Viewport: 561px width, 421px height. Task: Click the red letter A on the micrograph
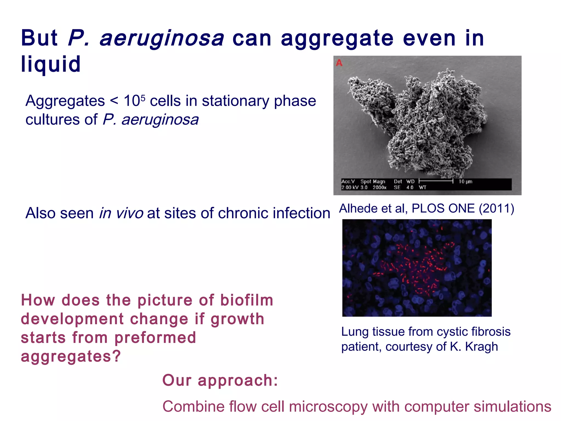(x=339, y=63)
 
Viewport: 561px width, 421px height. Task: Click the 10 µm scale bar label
(x=465, y=181)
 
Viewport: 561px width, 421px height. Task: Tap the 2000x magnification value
(x=379, y=187)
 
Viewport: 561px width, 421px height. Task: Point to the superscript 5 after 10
(x=143, y=97)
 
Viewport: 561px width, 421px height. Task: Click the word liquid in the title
(x=51, y=64)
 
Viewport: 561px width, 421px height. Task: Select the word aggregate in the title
(x=337, y=38)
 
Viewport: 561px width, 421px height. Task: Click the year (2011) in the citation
(x=496, y=209)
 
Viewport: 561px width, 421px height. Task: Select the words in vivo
(x=121, y=213)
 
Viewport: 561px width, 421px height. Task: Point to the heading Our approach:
(x=220, y=380)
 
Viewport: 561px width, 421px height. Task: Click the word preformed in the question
(x=155, y=338)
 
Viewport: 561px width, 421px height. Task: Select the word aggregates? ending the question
(x=71, y=356)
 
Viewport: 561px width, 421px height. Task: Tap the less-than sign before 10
(x=114, y=101)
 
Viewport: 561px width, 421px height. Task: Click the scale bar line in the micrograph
(x=436, y=181)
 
